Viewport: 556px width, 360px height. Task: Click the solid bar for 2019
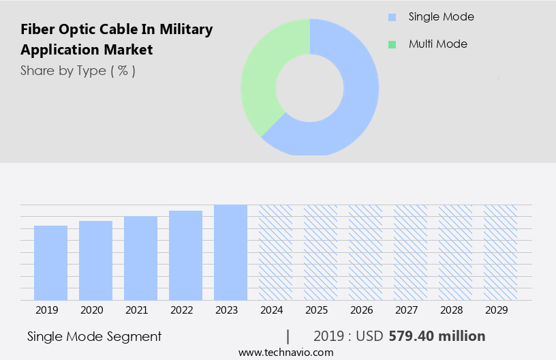coord(50,263)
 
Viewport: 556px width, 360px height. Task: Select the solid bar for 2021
coord(140,258)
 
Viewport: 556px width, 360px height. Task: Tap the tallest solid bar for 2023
coord(230,252)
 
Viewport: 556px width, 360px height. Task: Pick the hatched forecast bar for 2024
coord(275,252)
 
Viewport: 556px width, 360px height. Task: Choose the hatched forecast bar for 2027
coord(410,252)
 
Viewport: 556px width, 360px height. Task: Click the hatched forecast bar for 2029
coord(500,252)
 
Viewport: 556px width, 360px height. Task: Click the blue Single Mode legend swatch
coord(392,17)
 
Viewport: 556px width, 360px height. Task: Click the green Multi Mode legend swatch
coord(392,44)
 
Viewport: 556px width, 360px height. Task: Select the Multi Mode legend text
coord(437,44)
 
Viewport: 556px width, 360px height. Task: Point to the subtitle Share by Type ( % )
coord(78,71)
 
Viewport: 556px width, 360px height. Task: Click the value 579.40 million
coord(437,336)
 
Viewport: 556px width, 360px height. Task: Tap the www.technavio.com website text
coord(285,352)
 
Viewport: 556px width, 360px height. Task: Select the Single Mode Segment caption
coord(94,336)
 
